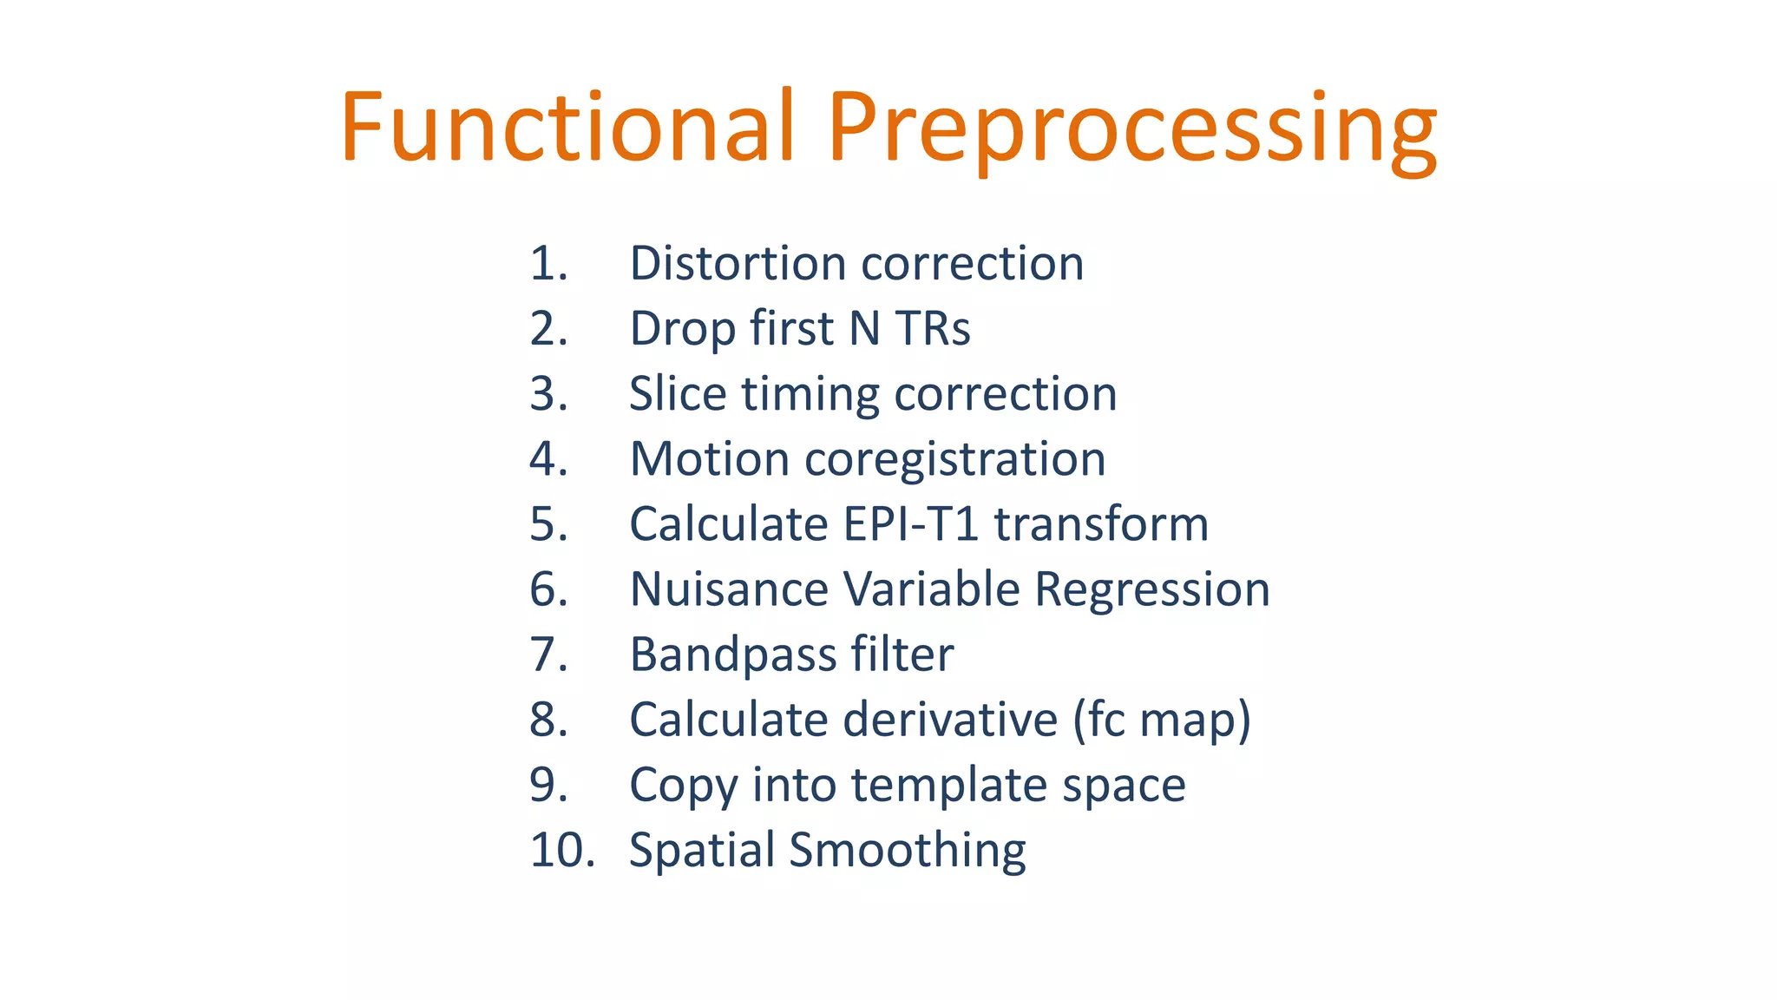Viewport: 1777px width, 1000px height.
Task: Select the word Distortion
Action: (x=737, y=263)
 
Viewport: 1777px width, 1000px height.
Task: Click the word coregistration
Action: (x=954, y=460)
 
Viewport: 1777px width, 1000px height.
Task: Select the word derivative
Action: (x=950, y=720)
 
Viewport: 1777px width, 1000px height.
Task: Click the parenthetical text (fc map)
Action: (x=1162, y=720)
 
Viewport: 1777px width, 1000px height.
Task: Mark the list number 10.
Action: (x=561, y=850)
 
